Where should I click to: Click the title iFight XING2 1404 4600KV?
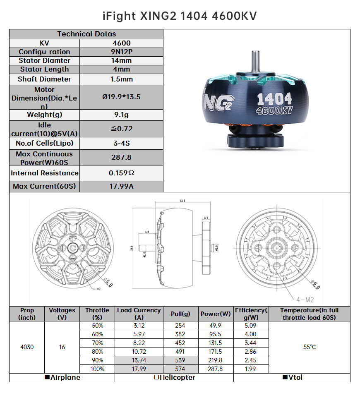click(180, 16)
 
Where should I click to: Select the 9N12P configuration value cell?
click(121, 52)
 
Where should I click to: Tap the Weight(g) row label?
click(44, 115)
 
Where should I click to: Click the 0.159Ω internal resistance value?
click(121, 173)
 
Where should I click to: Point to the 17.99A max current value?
click(121, 186)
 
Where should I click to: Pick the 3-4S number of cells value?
click(121, 143)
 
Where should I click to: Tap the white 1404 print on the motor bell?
click(274, 99)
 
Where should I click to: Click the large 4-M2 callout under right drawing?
click(305, 299)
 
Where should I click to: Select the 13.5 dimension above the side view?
click(182, 201)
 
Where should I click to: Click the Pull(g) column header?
click(180, 314)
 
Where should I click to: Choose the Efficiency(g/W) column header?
click(251, 314)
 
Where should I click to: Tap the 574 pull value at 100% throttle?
click(180, 369)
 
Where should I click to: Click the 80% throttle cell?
click(98, 352)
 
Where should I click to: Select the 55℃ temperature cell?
click(309, 347)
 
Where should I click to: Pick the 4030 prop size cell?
click(27, 347)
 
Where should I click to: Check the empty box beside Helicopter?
click(156, 378)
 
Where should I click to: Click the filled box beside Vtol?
click(285, 378)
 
